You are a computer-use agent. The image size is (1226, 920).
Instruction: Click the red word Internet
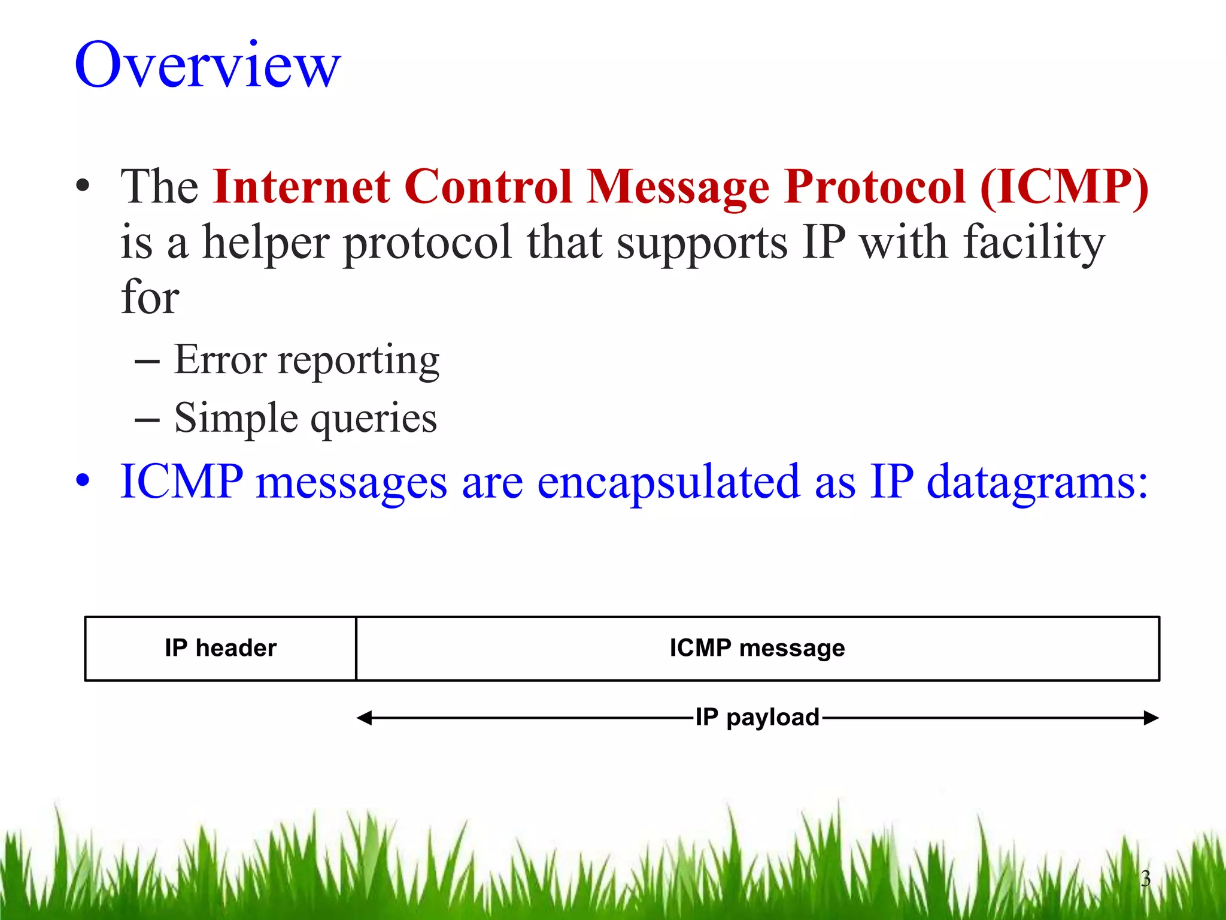(x=302, y=187)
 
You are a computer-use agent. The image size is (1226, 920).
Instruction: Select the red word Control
(x=488, y=187)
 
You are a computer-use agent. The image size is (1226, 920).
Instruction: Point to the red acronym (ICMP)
(x=1064, y=187)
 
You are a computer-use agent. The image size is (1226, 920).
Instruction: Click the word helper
(x=266, y=243)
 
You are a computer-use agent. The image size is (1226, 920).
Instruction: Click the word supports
(x=702, y=243)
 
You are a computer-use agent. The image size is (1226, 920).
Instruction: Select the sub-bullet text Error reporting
(x=306, y=360)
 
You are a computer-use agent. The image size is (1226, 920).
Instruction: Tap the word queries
(x=374, y=418)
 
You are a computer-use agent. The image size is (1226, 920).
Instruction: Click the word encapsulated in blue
(x=668, y=482)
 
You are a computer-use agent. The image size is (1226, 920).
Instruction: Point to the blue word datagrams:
(x=1037, y=482)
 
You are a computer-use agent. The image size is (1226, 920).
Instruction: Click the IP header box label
(x=220, y=648)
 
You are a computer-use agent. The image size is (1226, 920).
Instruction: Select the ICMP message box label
(x=757, y=648)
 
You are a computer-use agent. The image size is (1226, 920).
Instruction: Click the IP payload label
(x=757, y=717)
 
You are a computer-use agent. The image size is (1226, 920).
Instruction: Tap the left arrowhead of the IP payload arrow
(x=364, y=718)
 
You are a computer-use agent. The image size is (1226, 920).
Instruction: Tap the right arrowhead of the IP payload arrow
(x=1151, y=718)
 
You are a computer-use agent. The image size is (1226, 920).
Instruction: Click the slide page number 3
(x=1145, y=879)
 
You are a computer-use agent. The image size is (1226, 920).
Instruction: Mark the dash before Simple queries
(x=147, y=420)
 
